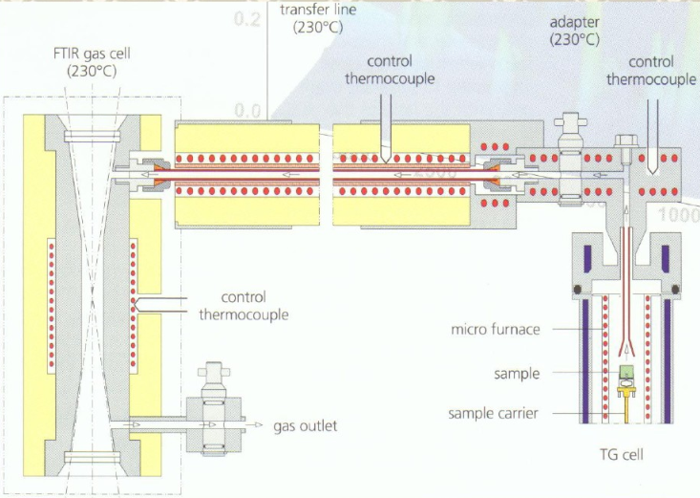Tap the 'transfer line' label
[318, 10]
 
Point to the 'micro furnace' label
[496, 331]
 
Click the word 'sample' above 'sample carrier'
[517, 373]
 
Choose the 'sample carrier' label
[495, 413]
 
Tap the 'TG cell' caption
[623, 454]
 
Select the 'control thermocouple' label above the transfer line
[390, 71]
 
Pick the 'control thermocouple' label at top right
[651, 71]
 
